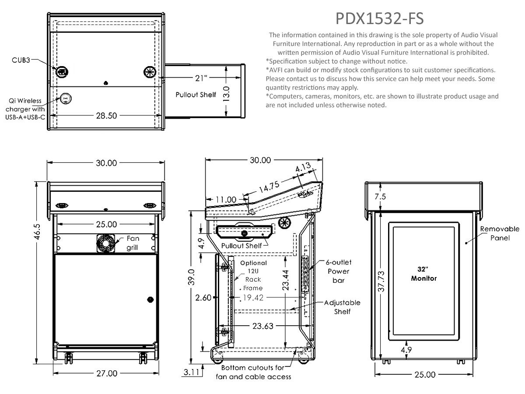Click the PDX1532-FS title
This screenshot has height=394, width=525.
click(379, 18)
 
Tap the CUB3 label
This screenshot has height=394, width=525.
click(21, 60)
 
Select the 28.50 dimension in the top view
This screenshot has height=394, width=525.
click(106, 116)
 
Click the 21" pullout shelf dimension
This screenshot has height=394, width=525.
click(201, 78)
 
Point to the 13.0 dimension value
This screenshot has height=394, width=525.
click(226, 94)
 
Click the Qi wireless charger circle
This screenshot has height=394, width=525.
click(66, 98)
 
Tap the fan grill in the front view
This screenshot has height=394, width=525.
click(105, 243)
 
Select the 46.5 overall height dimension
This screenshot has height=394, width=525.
click(37, 232)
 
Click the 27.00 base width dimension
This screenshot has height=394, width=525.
click(107, 373)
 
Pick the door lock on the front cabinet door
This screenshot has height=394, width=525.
click(150, 299)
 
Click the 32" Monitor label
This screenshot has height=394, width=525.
click(423, 274)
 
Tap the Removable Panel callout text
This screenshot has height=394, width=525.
click(500, 233)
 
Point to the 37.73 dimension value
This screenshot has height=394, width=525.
click(381, 281)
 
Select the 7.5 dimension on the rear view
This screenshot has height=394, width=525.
click(380, 197)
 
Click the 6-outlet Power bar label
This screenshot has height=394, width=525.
click(339, 271)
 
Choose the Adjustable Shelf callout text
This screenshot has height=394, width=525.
click(342, 307)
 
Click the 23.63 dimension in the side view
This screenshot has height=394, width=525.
click(262, 326)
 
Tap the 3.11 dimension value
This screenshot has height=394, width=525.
click(191, 372)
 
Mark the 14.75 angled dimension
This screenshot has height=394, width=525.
click(269, 187)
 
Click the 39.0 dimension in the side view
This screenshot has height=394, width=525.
click(191, 277)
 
